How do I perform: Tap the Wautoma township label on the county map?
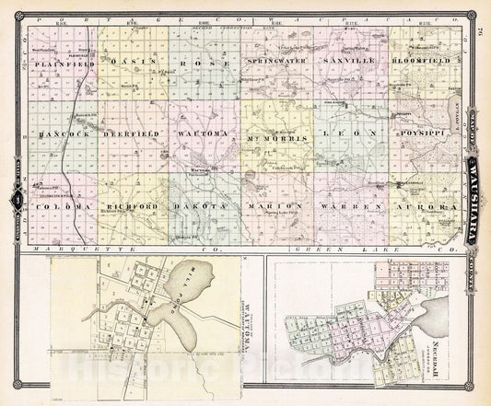point(204,134)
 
